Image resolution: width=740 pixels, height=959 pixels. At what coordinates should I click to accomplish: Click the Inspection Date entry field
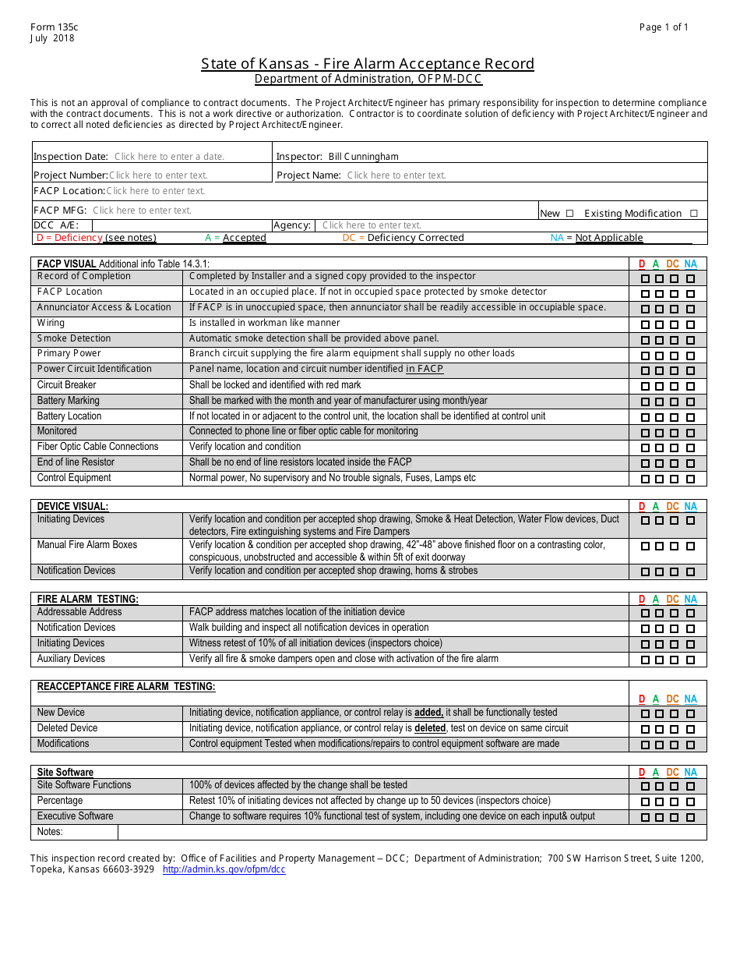coord(169,157)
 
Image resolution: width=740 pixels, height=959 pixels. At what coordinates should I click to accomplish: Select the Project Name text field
coord(396,175)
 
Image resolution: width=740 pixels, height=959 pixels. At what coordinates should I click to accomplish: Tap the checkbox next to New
coord(569,214)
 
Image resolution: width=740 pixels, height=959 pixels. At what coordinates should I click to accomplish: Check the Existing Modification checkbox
coord(693,214)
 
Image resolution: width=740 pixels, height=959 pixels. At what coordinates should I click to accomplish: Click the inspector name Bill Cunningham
coord(363,157)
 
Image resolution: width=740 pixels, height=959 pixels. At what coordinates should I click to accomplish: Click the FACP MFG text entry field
coord(142,211)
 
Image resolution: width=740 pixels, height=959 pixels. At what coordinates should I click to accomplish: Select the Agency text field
coord(372,225)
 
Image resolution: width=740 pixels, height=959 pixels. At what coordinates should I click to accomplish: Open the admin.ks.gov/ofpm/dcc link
coord(224,869)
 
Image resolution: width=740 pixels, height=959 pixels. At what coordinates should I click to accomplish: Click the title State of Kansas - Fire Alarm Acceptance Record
coord(368,64)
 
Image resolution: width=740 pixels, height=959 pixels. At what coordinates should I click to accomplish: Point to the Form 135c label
coord(54,27)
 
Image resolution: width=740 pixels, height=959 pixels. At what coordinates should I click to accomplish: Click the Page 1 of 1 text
coord(664,27)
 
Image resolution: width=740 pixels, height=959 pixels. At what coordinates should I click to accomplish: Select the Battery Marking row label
coord(69,401)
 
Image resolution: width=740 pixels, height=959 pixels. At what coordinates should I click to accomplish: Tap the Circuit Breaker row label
coord(67,385)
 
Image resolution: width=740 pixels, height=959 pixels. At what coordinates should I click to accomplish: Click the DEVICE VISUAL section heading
coord(72,507)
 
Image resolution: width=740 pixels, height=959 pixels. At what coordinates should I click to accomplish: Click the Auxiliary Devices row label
coord(71,659)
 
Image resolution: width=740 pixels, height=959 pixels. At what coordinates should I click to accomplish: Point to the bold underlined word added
coord(428,713)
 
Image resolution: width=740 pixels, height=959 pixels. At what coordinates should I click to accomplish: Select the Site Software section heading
coord(65,773)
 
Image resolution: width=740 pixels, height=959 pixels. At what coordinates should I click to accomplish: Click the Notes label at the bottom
coord(50,832)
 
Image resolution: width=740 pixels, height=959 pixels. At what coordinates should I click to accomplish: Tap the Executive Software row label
coord(76,816)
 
